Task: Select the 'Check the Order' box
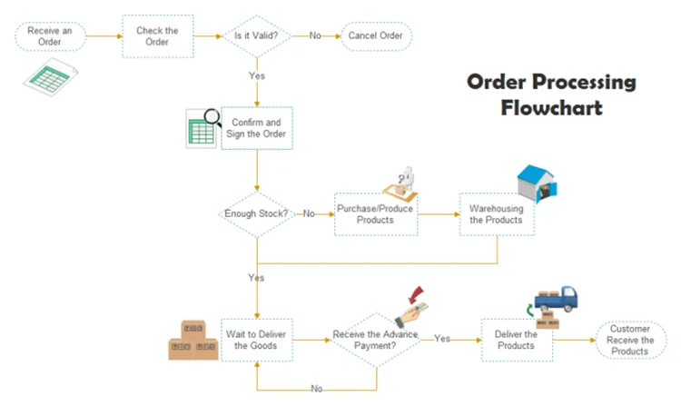pyautogui.click(x=158, y=36)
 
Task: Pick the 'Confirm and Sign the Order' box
pyautogui.click(x=257, y=128)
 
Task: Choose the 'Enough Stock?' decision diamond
pyautogui.click(x=257, y=214)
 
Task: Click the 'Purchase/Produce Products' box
pyautogui.click(x=375, y=214)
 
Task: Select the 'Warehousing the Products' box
pyautogui.click(x=496, y=214)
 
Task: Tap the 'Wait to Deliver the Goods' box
pyautogui.click(x=257, y=340)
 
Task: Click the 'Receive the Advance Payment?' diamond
pyautogui.click(x=375, y=340)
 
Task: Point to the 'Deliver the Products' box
pyautogui.click(x=516, y=340)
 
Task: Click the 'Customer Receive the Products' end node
pyautogui.click(x=630, y=340)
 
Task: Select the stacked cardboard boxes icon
pyautogui.click(x=193, y=341)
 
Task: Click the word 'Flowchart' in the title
pyautogui.click(x=551, y=108)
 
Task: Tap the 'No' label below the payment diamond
pyautogui.click(x=317, y=388)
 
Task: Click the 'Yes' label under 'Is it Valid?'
pyautogui.click(x=257, y=75)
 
